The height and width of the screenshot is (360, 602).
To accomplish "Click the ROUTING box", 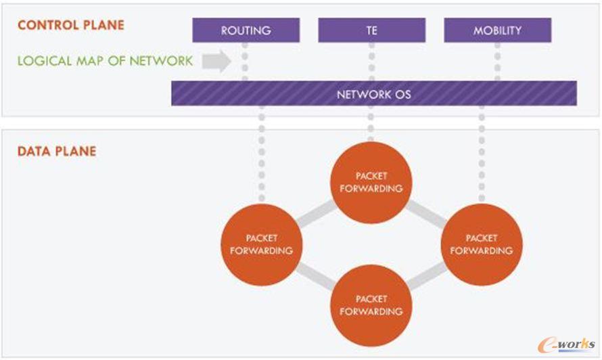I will click(x=246, y=30).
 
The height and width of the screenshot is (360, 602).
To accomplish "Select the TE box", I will click(x=371, y=30).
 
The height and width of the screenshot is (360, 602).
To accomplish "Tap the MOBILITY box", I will click(x=497, y=30).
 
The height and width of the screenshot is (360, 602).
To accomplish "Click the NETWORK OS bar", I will click(x=373, y=94).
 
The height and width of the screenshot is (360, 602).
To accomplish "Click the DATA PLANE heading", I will click(x=57, y=151).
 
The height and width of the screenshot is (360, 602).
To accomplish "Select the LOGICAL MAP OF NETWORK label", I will click(x=105, y=61).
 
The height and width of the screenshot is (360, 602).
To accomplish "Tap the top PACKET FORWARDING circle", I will click(x=371, y=182).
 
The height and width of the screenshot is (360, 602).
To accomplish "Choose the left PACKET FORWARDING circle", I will click(x=262, y=244).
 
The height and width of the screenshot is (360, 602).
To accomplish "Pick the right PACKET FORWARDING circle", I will click(x=482, y=244).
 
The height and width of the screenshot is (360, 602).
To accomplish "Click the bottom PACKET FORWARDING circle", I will click(x=371, y=305).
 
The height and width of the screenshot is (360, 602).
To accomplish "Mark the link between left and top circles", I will click(x=315, y=213).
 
